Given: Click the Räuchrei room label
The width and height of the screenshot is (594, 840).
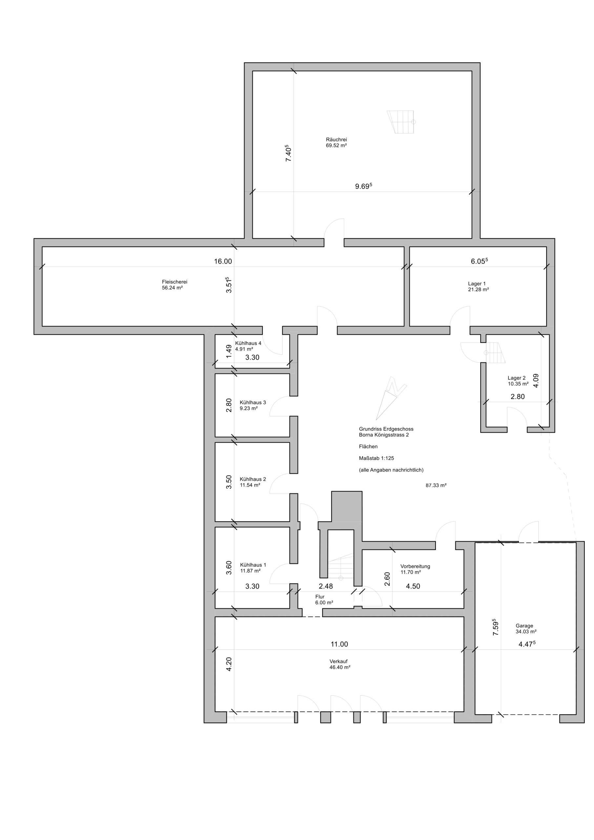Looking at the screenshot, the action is coord(336,139).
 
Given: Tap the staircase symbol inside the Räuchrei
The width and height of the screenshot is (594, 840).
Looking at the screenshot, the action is coord(401,122).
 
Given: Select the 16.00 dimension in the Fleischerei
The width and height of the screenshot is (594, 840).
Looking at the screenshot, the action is coord(223,261).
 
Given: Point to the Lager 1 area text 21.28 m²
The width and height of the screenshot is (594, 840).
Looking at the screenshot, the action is coord(479,289).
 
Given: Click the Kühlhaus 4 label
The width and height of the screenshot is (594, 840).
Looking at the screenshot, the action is coord(248,343).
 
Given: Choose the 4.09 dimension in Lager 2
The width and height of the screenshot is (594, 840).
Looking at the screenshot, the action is coord(536,381).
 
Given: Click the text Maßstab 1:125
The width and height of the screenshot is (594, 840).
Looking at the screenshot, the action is coord(376,458).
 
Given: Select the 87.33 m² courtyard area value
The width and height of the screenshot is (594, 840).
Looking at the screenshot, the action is coord(436,486).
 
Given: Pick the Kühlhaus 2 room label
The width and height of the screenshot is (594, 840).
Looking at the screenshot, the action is coord(253,479).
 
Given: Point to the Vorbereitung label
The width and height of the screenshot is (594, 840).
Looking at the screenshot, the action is coord(415,566).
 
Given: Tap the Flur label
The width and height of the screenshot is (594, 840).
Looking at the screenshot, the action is coord(320,597).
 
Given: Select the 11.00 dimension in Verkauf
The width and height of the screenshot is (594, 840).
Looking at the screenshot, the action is coord(339,644).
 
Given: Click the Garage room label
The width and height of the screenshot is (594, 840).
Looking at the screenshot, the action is coord(524,626).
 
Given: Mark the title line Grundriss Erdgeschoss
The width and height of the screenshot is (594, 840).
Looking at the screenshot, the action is coord(386,429).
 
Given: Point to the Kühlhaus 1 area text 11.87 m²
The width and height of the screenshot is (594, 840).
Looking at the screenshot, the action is coord(250,571).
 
